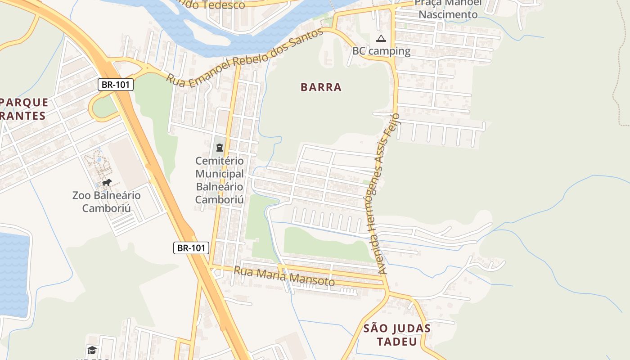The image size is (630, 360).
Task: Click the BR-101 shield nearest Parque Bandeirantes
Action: pos(116,85)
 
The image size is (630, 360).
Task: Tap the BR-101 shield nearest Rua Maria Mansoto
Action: pos(191,247)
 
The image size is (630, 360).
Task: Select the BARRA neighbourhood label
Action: pos(321,87)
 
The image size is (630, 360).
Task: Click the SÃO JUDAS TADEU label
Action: pos(397,335)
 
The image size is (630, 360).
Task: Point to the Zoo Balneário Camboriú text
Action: pos(106,202)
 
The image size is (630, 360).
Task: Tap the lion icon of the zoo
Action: pos(107,182)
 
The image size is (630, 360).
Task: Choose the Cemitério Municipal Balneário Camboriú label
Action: pos(220,180)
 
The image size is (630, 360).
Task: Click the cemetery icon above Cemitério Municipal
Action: pos(220,147)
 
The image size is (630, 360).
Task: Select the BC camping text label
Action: pos(381,51)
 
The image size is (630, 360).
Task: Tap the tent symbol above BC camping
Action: pos(381,38)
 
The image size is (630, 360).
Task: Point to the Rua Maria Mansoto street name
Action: pos(284,276)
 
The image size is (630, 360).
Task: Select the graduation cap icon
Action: pos(92,350)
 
